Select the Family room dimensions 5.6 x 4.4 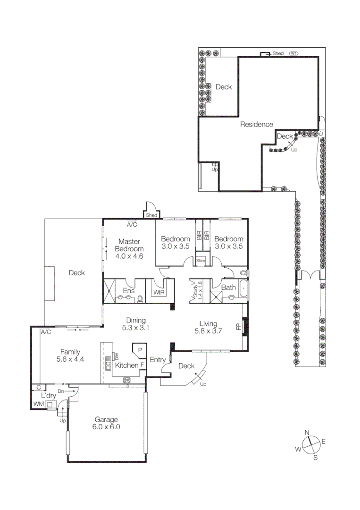[69, 359]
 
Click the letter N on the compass [307, 433]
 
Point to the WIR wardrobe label [157, 292]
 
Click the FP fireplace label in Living [238, 326]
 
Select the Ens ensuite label [128, 291]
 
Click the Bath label [228, 287]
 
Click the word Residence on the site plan [257, 125]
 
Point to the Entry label [158, 360]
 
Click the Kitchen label [127, 365]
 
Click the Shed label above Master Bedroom [151, 215]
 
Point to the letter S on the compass [316, 457]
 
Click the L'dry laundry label [49, 396]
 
